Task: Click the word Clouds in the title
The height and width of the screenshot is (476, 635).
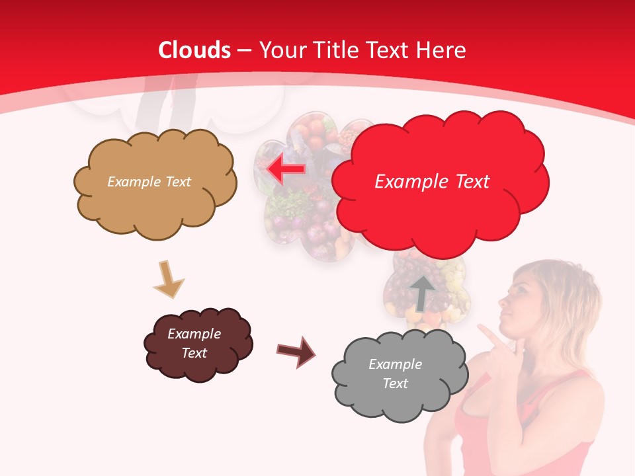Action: (x=194, y=50)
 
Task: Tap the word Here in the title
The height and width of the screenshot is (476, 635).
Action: (x=441, y=50)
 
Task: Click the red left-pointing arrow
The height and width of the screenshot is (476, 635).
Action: (x=286, y=169)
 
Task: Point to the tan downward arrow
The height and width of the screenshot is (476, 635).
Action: (x=168, y=278)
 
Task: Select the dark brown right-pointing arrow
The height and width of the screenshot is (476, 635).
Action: (x=296, y=351)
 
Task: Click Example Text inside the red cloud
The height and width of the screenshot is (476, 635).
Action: (x=432, y=182)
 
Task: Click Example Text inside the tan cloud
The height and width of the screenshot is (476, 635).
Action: (x=149, y=182)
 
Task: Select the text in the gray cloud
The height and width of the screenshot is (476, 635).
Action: (x=395, y=374)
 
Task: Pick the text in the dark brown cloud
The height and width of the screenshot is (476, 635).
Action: (x=194, y=343)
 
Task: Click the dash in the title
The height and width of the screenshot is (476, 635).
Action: (x=244, y=50)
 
